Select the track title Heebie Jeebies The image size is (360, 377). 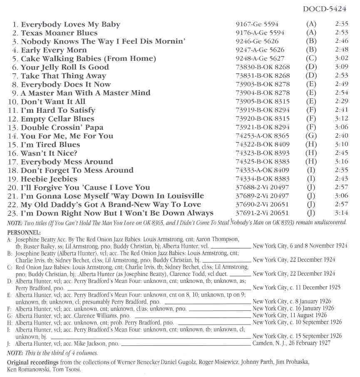49,179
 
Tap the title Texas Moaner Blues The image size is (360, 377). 59,33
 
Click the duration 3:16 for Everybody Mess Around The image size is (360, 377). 341,162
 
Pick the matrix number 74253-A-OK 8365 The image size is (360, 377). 262,136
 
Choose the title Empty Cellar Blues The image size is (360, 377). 57,119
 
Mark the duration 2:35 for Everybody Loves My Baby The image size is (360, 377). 341,25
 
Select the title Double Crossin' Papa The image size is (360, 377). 62,127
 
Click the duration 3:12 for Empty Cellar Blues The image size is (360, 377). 341,119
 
